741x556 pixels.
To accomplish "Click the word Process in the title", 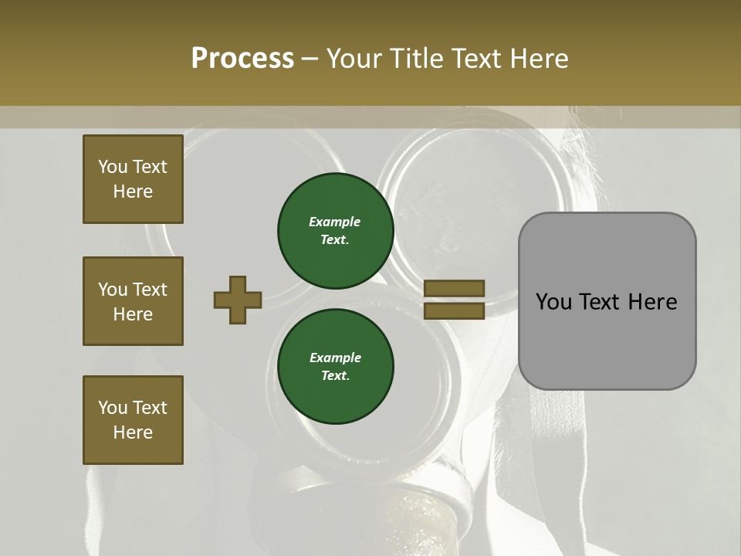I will point(242,59).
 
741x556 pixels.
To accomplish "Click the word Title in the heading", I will point(415,59).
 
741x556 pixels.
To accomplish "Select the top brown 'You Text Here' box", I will point(133,179).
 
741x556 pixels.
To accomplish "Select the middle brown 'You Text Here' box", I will point(133,301).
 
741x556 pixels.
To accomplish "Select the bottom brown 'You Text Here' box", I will point(133,420).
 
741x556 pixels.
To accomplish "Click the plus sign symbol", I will point(238,300).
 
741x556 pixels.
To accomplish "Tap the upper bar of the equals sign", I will point(455,288).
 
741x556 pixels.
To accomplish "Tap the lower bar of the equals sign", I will point(455,311).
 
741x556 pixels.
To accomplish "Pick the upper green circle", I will point(336,230).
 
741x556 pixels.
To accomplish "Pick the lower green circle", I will point(336,366).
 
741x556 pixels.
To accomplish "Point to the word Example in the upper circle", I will point(334,222).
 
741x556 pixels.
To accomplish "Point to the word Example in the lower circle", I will point(335,358).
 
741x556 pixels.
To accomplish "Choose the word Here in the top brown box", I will point(133,192).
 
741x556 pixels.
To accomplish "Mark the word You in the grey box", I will point(553,302).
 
